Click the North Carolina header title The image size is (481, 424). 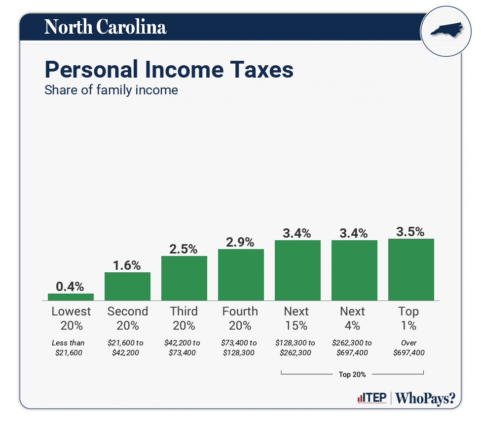point(105,27)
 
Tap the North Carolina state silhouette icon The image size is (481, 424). point(445,31)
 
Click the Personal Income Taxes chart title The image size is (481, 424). point(169,70)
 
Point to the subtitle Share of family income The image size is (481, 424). point(111,90)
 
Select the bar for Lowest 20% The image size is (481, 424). point(71,297)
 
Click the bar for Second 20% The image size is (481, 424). point(127,286)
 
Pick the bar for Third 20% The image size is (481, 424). point(184,278)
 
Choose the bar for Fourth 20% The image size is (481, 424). point(241,274)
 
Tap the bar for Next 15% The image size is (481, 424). point(297,270)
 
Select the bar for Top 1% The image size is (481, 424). point(411,269)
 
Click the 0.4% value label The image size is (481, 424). point(70,286)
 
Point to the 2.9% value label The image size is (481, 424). point(240,242)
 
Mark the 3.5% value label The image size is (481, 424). point(410,232)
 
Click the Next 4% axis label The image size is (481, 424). point(353,318)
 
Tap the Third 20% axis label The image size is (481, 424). point(184,318)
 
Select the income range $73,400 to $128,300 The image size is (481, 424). point(240,347)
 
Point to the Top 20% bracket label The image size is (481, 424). point(352,375)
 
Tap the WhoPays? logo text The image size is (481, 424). point(425,398)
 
